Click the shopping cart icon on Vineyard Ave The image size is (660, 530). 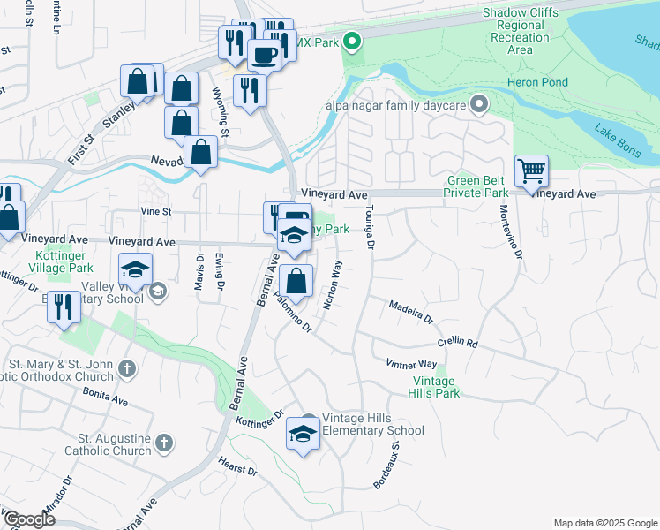click(x=531, y=170)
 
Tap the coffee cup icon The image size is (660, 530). click(x=264, y=55)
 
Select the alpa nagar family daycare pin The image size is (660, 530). click(x=479, y=105)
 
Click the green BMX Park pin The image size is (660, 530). click(x=352, y=41)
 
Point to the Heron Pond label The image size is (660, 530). click(x=536, y=82)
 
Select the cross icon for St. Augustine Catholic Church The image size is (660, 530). click(x=163, y=443)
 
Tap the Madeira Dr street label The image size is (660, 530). click(x=412, y=310)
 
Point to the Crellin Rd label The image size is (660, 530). click(x=457, y=342)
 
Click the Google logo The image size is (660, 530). click(x=28, y=519)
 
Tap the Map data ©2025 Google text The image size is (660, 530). click(x=604, y=523)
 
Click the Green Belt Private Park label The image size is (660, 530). click(x=476, y=186)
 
